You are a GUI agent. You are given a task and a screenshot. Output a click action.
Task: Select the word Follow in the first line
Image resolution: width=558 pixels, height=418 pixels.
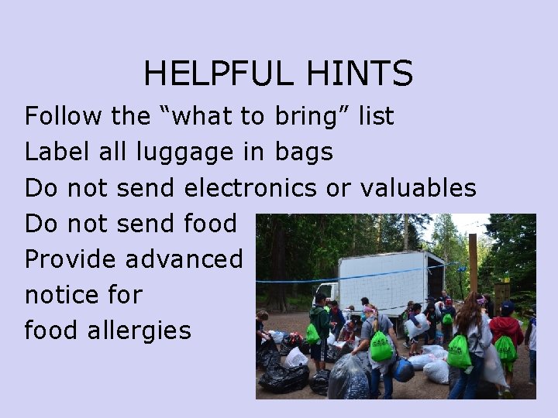point(63,117)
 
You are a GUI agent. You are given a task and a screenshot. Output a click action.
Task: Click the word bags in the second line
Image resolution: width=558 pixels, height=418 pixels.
point(303,152)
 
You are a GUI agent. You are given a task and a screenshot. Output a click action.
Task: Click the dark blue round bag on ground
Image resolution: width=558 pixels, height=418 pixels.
point(402,371)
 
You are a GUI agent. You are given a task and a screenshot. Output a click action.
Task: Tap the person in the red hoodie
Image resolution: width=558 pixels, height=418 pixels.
point(507,329)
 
